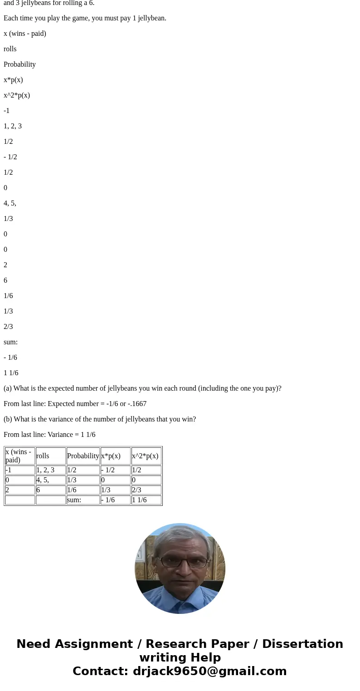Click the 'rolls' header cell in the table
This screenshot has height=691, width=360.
pos(50,456)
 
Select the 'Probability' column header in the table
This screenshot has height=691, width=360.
pos(83,456)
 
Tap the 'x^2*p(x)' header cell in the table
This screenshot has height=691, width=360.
pos(146,456)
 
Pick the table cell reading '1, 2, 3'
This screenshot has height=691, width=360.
pos(50,470)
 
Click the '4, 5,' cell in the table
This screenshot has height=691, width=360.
pos(50,480)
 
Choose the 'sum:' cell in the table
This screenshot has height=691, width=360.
pos(83,500)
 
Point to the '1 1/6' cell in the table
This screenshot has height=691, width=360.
pos(146,500)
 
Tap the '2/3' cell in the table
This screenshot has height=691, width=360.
pos(146,490)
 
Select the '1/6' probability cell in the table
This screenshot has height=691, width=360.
pos(83,490)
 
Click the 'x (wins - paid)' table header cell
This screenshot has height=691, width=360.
pos(19,456)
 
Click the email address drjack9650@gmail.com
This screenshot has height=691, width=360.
pos(209,671)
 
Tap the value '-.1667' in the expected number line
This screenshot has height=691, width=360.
pos(137,404)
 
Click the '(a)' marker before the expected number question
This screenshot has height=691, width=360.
pos(8,388)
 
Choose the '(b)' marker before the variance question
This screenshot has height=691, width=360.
pos(8,419)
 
